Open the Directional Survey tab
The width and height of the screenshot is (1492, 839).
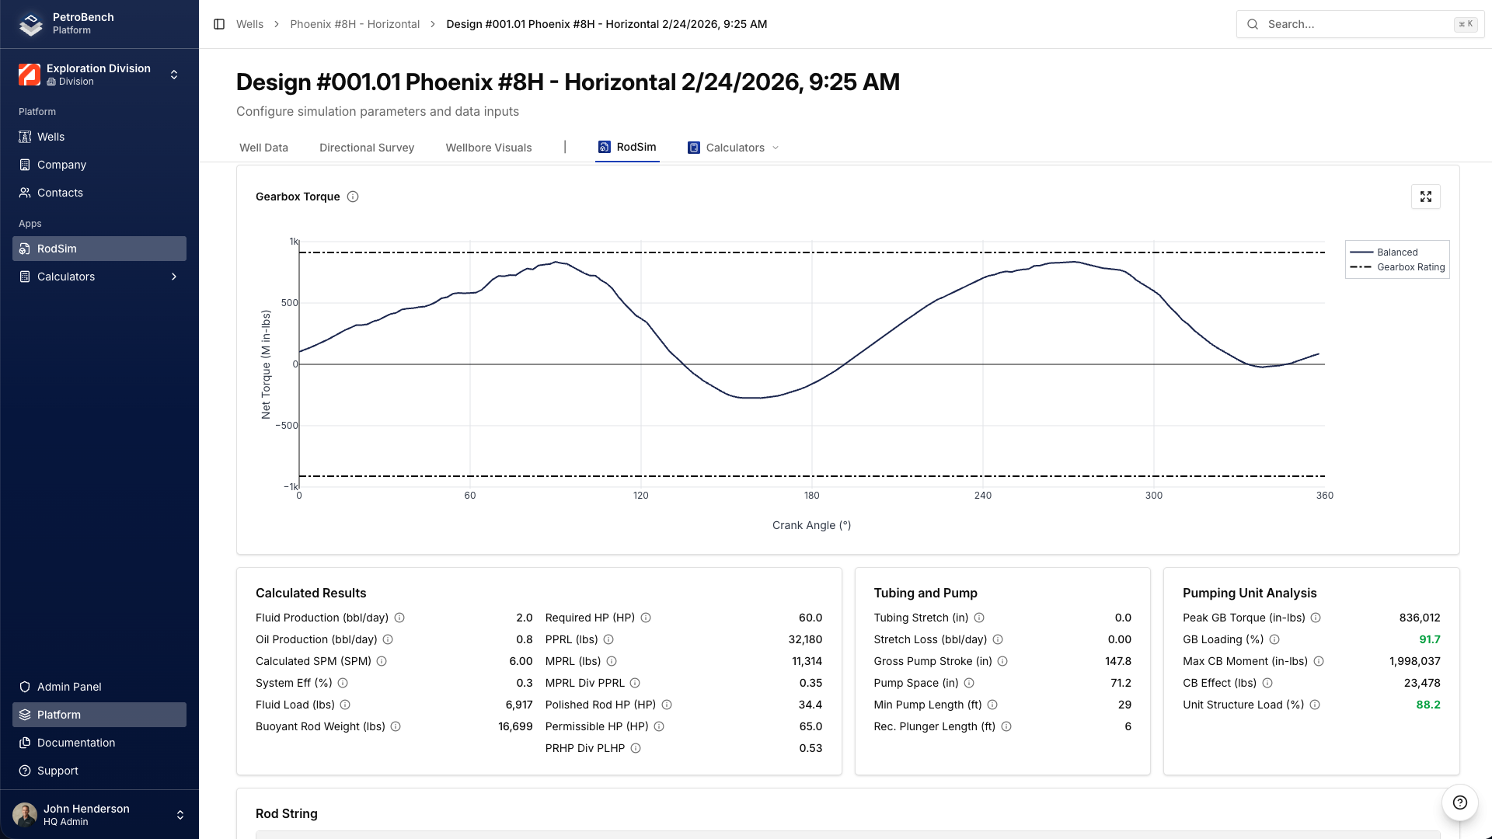[366, 148]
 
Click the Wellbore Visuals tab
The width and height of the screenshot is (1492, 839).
[488, 148]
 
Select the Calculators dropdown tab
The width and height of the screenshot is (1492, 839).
[734, 148]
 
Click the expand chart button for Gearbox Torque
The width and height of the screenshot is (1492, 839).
[1425, 197]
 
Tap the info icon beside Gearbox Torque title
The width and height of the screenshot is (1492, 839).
[353, 197]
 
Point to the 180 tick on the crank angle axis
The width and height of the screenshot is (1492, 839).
[811, 496]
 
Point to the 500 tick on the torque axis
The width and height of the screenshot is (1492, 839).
[289, 303]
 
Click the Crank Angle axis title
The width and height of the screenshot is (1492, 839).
[811, 525]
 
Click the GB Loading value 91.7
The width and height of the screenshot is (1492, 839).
[1429, 639]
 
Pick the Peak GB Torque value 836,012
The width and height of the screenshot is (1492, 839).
[1419, 618]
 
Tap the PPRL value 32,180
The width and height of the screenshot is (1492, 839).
[805, 639]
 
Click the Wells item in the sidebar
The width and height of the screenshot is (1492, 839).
[51, 137]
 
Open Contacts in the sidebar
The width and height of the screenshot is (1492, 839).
[60, 193]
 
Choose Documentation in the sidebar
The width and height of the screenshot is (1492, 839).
[75, 743]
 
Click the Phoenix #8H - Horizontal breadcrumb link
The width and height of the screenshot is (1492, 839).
[354, 24]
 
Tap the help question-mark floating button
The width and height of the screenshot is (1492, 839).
[1459, 802]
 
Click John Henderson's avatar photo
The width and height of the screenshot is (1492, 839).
[25, 815]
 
